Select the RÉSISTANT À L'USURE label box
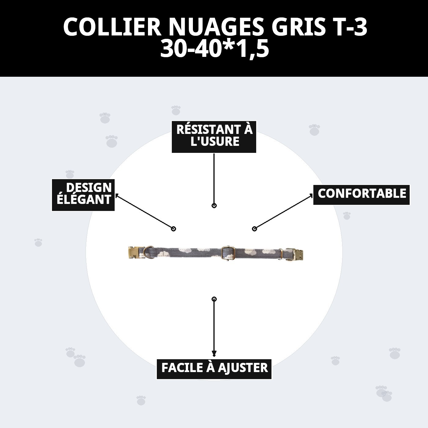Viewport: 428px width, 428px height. tap(214, 136)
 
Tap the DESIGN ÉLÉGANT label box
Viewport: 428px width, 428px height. tap(83, 195)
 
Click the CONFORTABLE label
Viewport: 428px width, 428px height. tap(361, 194)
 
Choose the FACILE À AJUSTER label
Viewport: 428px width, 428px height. tap(214, 369)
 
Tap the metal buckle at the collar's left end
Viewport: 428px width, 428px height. tap(134, 253)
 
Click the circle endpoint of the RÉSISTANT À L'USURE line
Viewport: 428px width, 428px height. tap(214, 205)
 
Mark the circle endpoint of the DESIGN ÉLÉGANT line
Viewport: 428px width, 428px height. tap(173, 229)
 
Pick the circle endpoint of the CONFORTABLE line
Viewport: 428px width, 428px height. tap(254, 229)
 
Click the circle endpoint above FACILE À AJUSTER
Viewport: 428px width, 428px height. tap(214, 299)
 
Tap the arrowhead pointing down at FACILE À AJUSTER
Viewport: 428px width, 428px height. tap(214, 354)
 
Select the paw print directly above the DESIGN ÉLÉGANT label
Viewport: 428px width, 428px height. tap(70, 174)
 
